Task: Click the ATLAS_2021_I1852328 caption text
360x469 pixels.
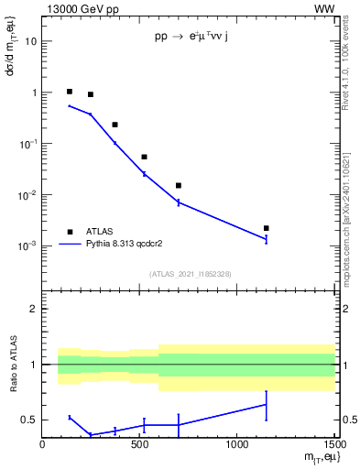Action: click(190, 273)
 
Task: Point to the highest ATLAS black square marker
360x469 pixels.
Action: click(70, 92)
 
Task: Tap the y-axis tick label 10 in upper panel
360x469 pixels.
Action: click(31, 42)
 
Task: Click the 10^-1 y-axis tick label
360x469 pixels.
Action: click(27, 144)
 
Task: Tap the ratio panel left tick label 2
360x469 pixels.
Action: click(35, 310)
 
